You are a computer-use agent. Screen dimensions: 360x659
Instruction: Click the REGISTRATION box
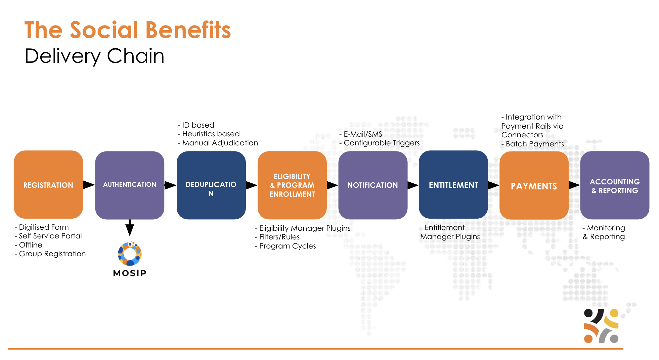[48, 185]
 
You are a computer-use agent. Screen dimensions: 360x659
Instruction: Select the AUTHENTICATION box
[130, 185]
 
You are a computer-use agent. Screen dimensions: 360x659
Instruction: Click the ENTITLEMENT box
[453, 185]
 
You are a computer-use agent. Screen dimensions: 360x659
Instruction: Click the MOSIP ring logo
[130, 254]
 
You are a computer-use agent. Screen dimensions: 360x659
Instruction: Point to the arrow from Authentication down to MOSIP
[130, 228]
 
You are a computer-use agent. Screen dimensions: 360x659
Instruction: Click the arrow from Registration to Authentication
[89, 185]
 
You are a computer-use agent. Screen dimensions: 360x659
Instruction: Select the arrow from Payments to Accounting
[574, 185]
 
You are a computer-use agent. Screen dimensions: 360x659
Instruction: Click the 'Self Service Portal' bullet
[50, 236]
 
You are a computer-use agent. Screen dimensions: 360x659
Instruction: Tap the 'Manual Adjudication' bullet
[220, 143]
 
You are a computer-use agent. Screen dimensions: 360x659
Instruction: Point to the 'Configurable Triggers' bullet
[381, 143]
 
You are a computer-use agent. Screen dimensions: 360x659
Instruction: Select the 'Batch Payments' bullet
[534, 144]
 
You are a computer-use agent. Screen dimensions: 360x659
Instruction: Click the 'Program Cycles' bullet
[287, 246]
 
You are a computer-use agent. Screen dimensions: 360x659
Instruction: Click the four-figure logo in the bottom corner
[601, 326]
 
